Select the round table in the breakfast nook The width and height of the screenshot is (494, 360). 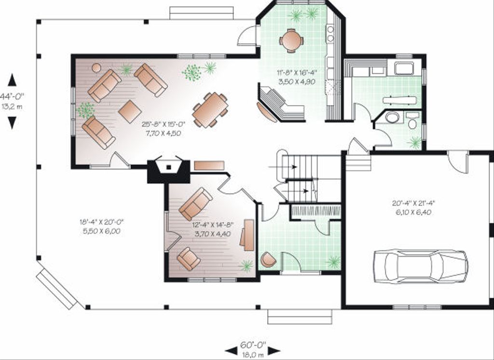(292, 41)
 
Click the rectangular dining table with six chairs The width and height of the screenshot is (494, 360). (210, 110)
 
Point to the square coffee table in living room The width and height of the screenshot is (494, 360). (130, 111)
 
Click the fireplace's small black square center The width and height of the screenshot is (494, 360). (169, 167)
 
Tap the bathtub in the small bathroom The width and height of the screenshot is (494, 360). (392, 117)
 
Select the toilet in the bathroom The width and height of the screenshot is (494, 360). (412, 121)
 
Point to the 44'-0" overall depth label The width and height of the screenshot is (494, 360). (12, 96)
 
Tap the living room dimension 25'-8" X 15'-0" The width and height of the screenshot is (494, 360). (163, 124)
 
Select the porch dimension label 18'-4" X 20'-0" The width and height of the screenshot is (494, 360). (101, 222)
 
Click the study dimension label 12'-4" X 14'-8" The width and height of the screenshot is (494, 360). (213, 225)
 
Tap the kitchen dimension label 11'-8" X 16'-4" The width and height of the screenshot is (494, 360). (297, 73)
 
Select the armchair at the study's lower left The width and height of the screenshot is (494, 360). (189, 259)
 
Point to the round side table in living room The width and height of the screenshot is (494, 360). (96, 68)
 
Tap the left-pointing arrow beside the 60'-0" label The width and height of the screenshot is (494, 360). (231, 350)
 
